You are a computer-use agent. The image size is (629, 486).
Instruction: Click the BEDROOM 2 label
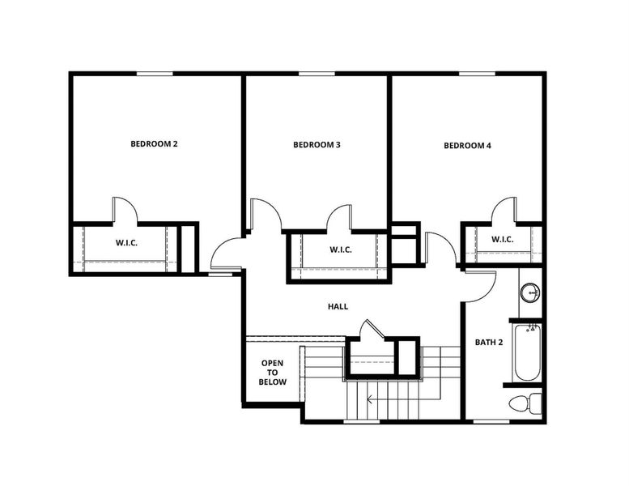tap(154, 144)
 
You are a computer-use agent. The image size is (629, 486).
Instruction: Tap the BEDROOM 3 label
tap(317, 145)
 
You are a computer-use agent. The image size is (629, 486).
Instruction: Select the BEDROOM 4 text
tap(467, 146)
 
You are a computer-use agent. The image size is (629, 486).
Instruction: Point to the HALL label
tap(338, 307)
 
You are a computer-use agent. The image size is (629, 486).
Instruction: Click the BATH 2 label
tap(489, 343)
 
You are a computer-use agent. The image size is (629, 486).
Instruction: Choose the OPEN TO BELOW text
tap(273, 373)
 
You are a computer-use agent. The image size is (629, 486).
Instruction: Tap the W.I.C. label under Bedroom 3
tap(340, 249)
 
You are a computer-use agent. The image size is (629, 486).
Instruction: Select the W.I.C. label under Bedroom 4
tap(502, 239)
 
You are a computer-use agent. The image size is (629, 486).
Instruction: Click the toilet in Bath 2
tap(523, 403)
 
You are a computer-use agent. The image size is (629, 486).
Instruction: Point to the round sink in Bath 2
tap(529, 292)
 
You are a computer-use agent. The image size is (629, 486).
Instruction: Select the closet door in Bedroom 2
tap(124, 211)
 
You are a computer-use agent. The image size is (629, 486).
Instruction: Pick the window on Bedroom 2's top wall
tap(154, 74)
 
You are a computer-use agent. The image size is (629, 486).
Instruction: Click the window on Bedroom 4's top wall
tap(478, 74)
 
